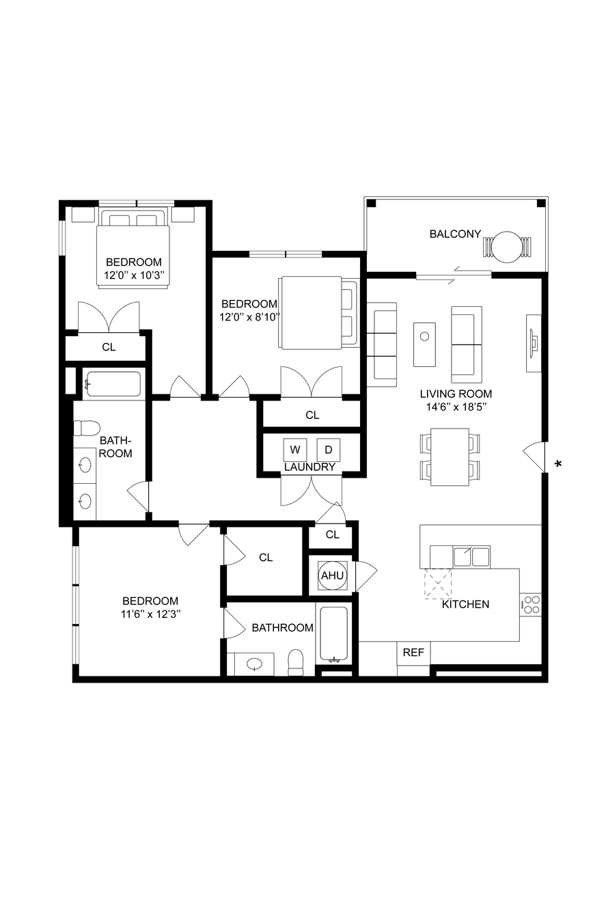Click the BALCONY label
[x=455, y=234]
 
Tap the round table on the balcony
[x=508, y=247]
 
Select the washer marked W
[x=295, y=450]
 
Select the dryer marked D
[x=329, y=450]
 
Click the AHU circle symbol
[x=332, y=575]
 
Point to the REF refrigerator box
[x=413, y=653]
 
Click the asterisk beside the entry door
[x=558, y=463]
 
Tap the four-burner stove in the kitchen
[x=530, y=605]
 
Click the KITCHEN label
[x=465, y=604]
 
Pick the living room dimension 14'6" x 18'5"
[x=456, y=407]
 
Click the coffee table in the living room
[x=425, y=345]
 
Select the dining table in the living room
[x=450, y=457]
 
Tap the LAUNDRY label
[x=309, y=467]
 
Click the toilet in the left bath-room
[x=87, y=428]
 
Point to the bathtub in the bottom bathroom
[x=334, y=635]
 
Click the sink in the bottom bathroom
[x=255, y=664]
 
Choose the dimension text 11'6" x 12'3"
[x=151, y=614]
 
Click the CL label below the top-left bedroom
[x=109, y=347]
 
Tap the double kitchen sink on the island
[x=472, y=557]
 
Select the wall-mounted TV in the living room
[x=534, y=343]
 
